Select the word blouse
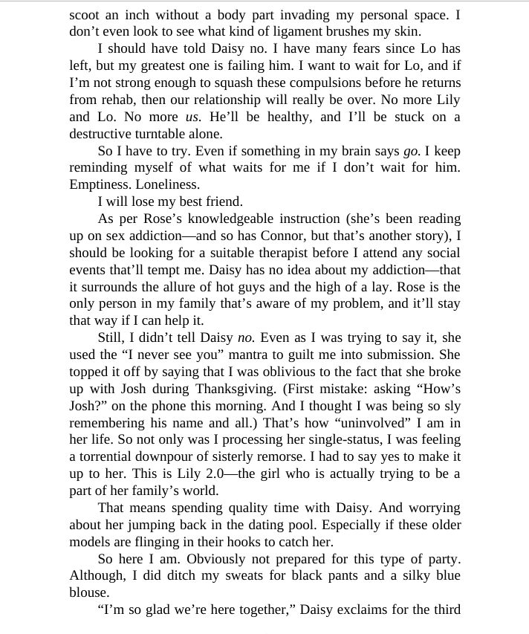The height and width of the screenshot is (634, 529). pos(88,592)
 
